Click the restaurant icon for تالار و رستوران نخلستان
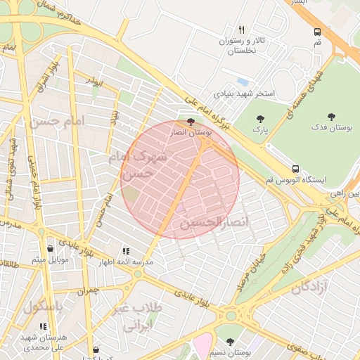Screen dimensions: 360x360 pos(242,30)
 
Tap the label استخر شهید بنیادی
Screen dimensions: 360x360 pos(244,94)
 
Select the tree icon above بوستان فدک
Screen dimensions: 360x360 pos(332,117)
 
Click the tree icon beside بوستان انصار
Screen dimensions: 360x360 pos(191,121)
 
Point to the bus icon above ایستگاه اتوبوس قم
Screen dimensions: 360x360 pos(295,169)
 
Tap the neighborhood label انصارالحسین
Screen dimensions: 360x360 pos(214,224)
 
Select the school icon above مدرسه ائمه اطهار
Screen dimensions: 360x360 pos(126,250)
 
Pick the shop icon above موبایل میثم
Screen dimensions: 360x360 pos(50,248)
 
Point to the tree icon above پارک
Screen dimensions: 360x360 pos(261,120)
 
